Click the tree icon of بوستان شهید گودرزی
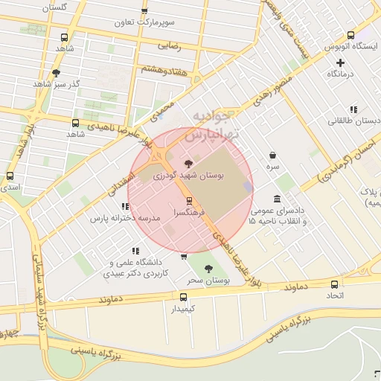pos(188,164)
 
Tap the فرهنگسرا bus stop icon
pos(189,200)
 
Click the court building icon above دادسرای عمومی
pos(278,199)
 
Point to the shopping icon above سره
pos(274,156)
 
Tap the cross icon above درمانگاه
pos(340,63)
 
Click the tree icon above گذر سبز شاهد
pos(56,73)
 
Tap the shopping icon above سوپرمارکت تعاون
pos(144,10)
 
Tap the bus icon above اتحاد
pos(334,284)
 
